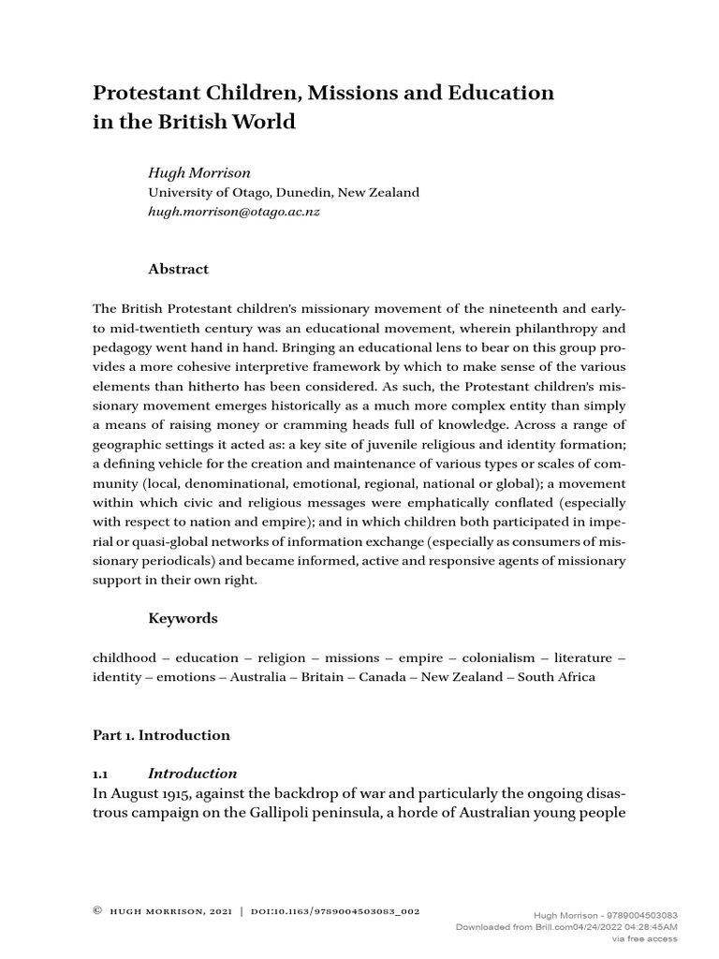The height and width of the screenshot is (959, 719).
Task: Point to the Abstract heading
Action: point(179,269)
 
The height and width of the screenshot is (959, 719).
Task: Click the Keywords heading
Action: point(183,618)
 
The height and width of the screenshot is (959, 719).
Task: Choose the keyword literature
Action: point(580,658)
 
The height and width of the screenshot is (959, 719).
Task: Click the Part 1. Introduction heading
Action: point(160,735)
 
